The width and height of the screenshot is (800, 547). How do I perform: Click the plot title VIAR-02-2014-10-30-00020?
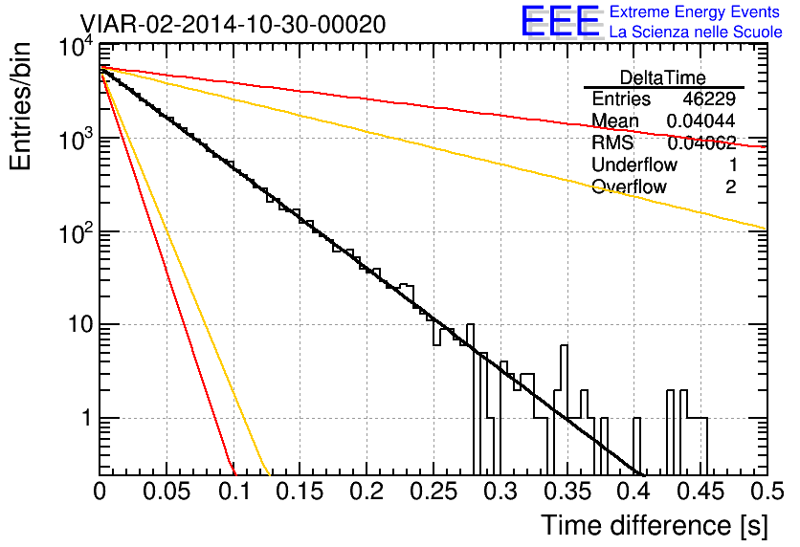click(x=233, y=24)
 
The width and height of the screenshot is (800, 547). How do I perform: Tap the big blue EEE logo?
click(x=561, y=21)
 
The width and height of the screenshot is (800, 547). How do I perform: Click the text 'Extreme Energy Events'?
click(x=695, y=11)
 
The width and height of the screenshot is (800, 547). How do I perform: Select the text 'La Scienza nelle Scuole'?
click(x=696, y=32)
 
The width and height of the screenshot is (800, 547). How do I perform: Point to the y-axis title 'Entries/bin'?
click(x=20, y=106)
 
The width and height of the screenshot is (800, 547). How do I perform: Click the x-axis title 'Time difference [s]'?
click(x=655, y=525)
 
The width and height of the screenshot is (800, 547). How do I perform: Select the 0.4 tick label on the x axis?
click(x=633, y=492)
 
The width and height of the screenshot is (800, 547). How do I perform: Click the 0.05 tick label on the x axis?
click(x=167, y=492)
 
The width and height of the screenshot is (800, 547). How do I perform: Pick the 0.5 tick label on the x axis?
click(x=767, y=492)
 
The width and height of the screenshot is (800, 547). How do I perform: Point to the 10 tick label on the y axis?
click(x=81, y=324)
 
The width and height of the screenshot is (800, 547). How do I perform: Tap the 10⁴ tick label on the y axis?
click(x=77, y=48)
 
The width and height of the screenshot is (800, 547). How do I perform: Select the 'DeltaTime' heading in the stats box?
click(x=663, y=77)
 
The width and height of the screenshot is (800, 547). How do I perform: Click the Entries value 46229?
click(x=709, y=98)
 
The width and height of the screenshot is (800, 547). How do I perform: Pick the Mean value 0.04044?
click(x=701, y=120)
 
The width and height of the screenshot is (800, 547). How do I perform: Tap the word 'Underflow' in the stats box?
click(x=634, y=164)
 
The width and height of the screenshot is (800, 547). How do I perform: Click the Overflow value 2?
click(x=730, y=187)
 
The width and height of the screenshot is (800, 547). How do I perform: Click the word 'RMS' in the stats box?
click(x=612, y=142)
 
